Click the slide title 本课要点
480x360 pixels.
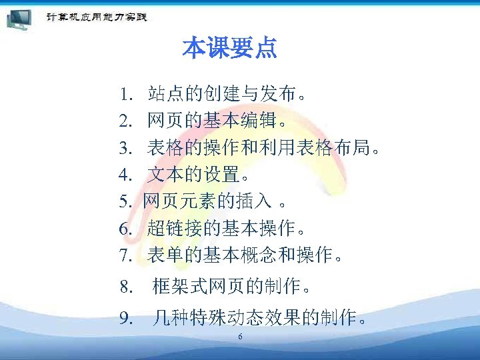(x=229, y=49)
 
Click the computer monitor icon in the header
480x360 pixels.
(x=20, y=18)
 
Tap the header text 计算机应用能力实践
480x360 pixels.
(x=96, y=17)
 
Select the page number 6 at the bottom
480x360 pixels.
(x=240, y=337)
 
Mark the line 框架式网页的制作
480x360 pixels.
(x=231, y=287)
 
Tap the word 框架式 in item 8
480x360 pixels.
(x=180, y=287)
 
